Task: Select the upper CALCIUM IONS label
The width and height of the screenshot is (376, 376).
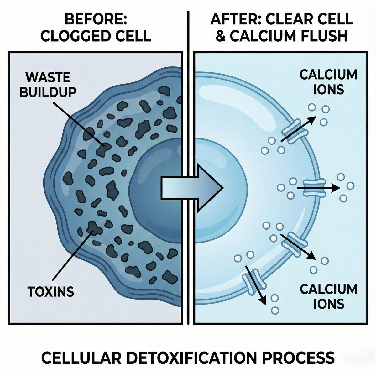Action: coord(328,82)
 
